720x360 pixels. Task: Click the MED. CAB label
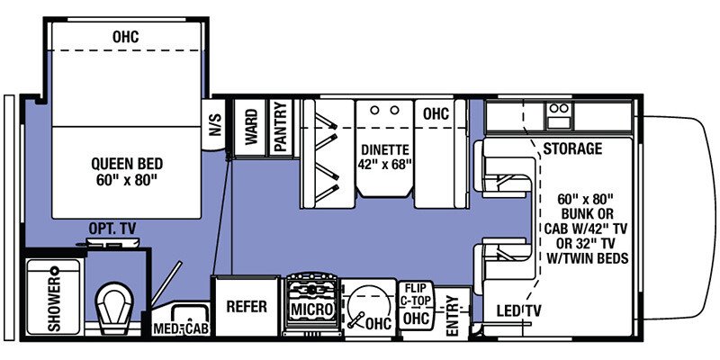click(x=181, y=329)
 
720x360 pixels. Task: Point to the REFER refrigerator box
click(x=246, y=307)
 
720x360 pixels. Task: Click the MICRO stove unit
click(x=312, y=309)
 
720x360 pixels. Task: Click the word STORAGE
click(x=572, y=148)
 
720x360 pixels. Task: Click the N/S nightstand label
click(x=215, y=127)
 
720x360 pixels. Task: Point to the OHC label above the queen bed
click(x=126, y=37)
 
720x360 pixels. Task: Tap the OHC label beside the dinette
click(x=436, y=114)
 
